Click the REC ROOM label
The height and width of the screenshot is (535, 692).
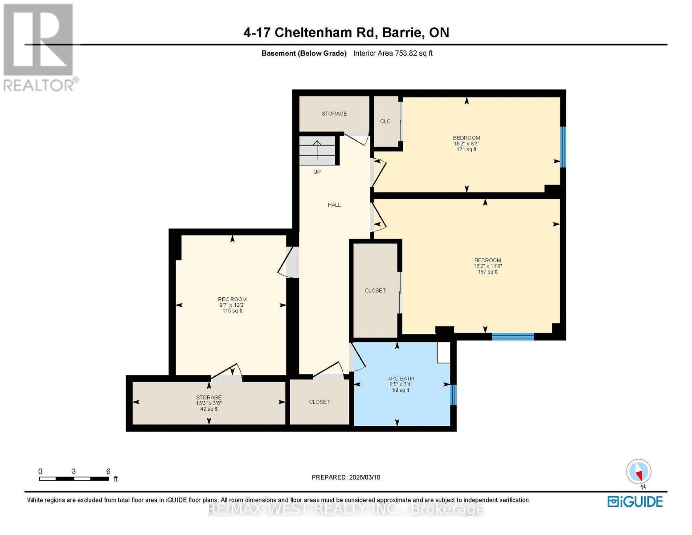click(x=232, y=299)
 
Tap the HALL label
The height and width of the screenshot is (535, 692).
click(x=334, y=205)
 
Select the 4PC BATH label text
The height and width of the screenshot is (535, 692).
click(x=401, y=379)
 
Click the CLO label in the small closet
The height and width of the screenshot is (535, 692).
click(x=385, y=121)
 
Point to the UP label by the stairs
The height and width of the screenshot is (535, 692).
click(x=317, y=172)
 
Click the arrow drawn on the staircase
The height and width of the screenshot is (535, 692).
click(x=317, y=150)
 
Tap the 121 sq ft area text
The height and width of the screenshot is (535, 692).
click(x=467, y=149)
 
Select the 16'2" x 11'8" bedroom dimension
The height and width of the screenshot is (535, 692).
click(x=487, y=266)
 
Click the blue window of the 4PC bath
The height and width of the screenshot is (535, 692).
click(x=454, y=395)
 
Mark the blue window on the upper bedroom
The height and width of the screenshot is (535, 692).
click(x=563, y=147)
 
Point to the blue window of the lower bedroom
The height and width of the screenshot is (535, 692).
click(x=513, y=337)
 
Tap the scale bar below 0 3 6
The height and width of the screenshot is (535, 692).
click(x=74, y=478)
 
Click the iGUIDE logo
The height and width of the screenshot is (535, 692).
click(x=635, y=502)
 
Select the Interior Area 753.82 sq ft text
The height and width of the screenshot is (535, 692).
click(x=393, y=53)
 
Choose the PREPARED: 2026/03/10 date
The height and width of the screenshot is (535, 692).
click(x=346, y=477)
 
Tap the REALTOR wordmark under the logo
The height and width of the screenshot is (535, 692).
click(x=38, y=86)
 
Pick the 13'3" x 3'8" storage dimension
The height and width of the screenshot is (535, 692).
click(x=209, y=403)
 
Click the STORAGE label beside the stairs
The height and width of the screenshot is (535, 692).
click(x=334, y=113)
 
